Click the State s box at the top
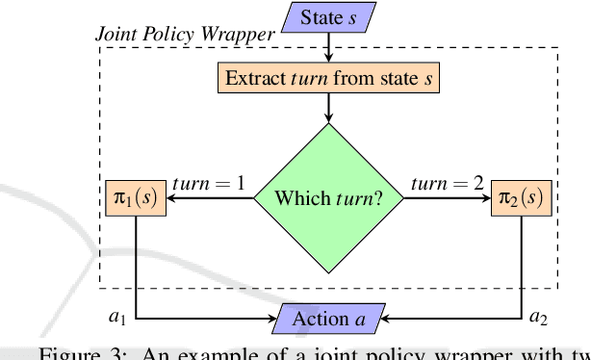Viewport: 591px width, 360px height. click(330, 16)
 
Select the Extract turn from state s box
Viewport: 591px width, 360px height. click(328, 77)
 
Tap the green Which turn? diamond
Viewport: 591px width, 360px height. click(329, 199)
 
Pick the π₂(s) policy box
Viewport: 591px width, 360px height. click(523, 199)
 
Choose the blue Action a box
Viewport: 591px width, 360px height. click(329, 318)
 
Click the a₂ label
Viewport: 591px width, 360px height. click(541, 315)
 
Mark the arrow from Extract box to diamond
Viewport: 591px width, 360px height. click(329, 107)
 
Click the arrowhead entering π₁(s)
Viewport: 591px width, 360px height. click(173, 199)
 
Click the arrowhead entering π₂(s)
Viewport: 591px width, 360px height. click(486, 199)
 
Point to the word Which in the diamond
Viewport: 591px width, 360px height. click(299, 199)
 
